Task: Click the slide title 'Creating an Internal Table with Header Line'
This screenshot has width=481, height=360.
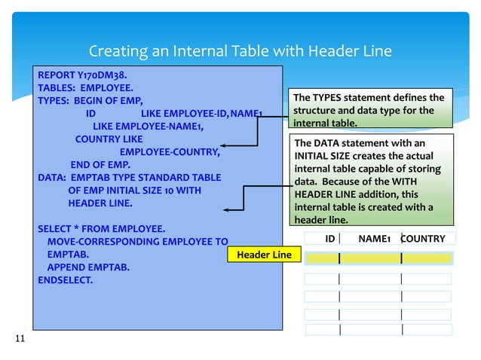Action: pos(240,51)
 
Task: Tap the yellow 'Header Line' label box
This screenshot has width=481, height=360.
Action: pos(264,255)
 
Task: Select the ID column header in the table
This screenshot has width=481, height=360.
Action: pos(329,239)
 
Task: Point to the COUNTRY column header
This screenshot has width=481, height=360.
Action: pos(423,239)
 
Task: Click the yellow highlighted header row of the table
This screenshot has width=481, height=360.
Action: pos(378,258)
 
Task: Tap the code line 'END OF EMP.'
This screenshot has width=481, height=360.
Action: pos(100,165)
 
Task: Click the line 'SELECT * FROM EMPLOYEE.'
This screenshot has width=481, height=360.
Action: pos(102,228)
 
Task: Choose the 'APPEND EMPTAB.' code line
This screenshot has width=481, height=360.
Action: pos(87,267)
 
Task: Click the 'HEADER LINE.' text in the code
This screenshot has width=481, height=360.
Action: pos(100,203)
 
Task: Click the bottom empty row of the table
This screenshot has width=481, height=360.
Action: pos(378,329)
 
